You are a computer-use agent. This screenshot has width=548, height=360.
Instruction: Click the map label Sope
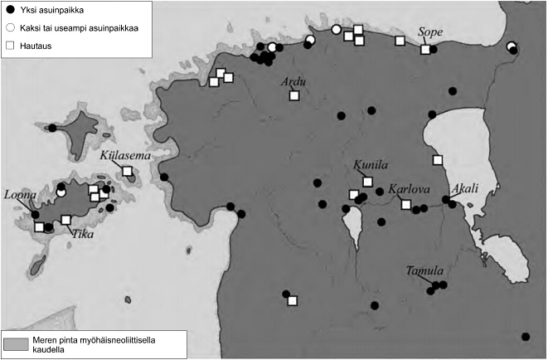431,32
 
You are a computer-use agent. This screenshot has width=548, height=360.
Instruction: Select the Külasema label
120,155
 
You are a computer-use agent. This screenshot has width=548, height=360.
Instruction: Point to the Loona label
20,194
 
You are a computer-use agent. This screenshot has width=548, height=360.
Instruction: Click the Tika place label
81,234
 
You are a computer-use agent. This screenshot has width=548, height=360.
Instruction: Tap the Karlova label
408,188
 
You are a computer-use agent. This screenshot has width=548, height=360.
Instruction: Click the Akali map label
465,187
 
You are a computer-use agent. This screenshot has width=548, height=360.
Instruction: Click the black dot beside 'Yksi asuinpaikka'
11,11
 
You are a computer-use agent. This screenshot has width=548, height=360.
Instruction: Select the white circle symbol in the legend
11,28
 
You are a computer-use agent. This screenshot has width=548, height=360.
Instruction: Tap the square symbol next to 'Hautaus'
11,46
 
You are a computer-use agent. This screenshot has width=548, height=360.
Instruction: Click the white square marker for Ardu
293,95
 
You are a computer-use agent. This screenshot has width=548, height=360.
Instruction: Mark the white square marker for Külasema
128,171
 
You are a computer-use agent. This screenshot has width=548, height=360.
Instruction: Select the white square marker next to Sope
425,50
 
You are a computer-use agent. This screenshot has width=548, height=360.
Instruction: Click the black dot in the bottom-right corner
526,336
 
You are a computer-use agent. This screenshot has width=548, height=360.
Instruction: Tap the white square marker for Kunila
367,181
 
